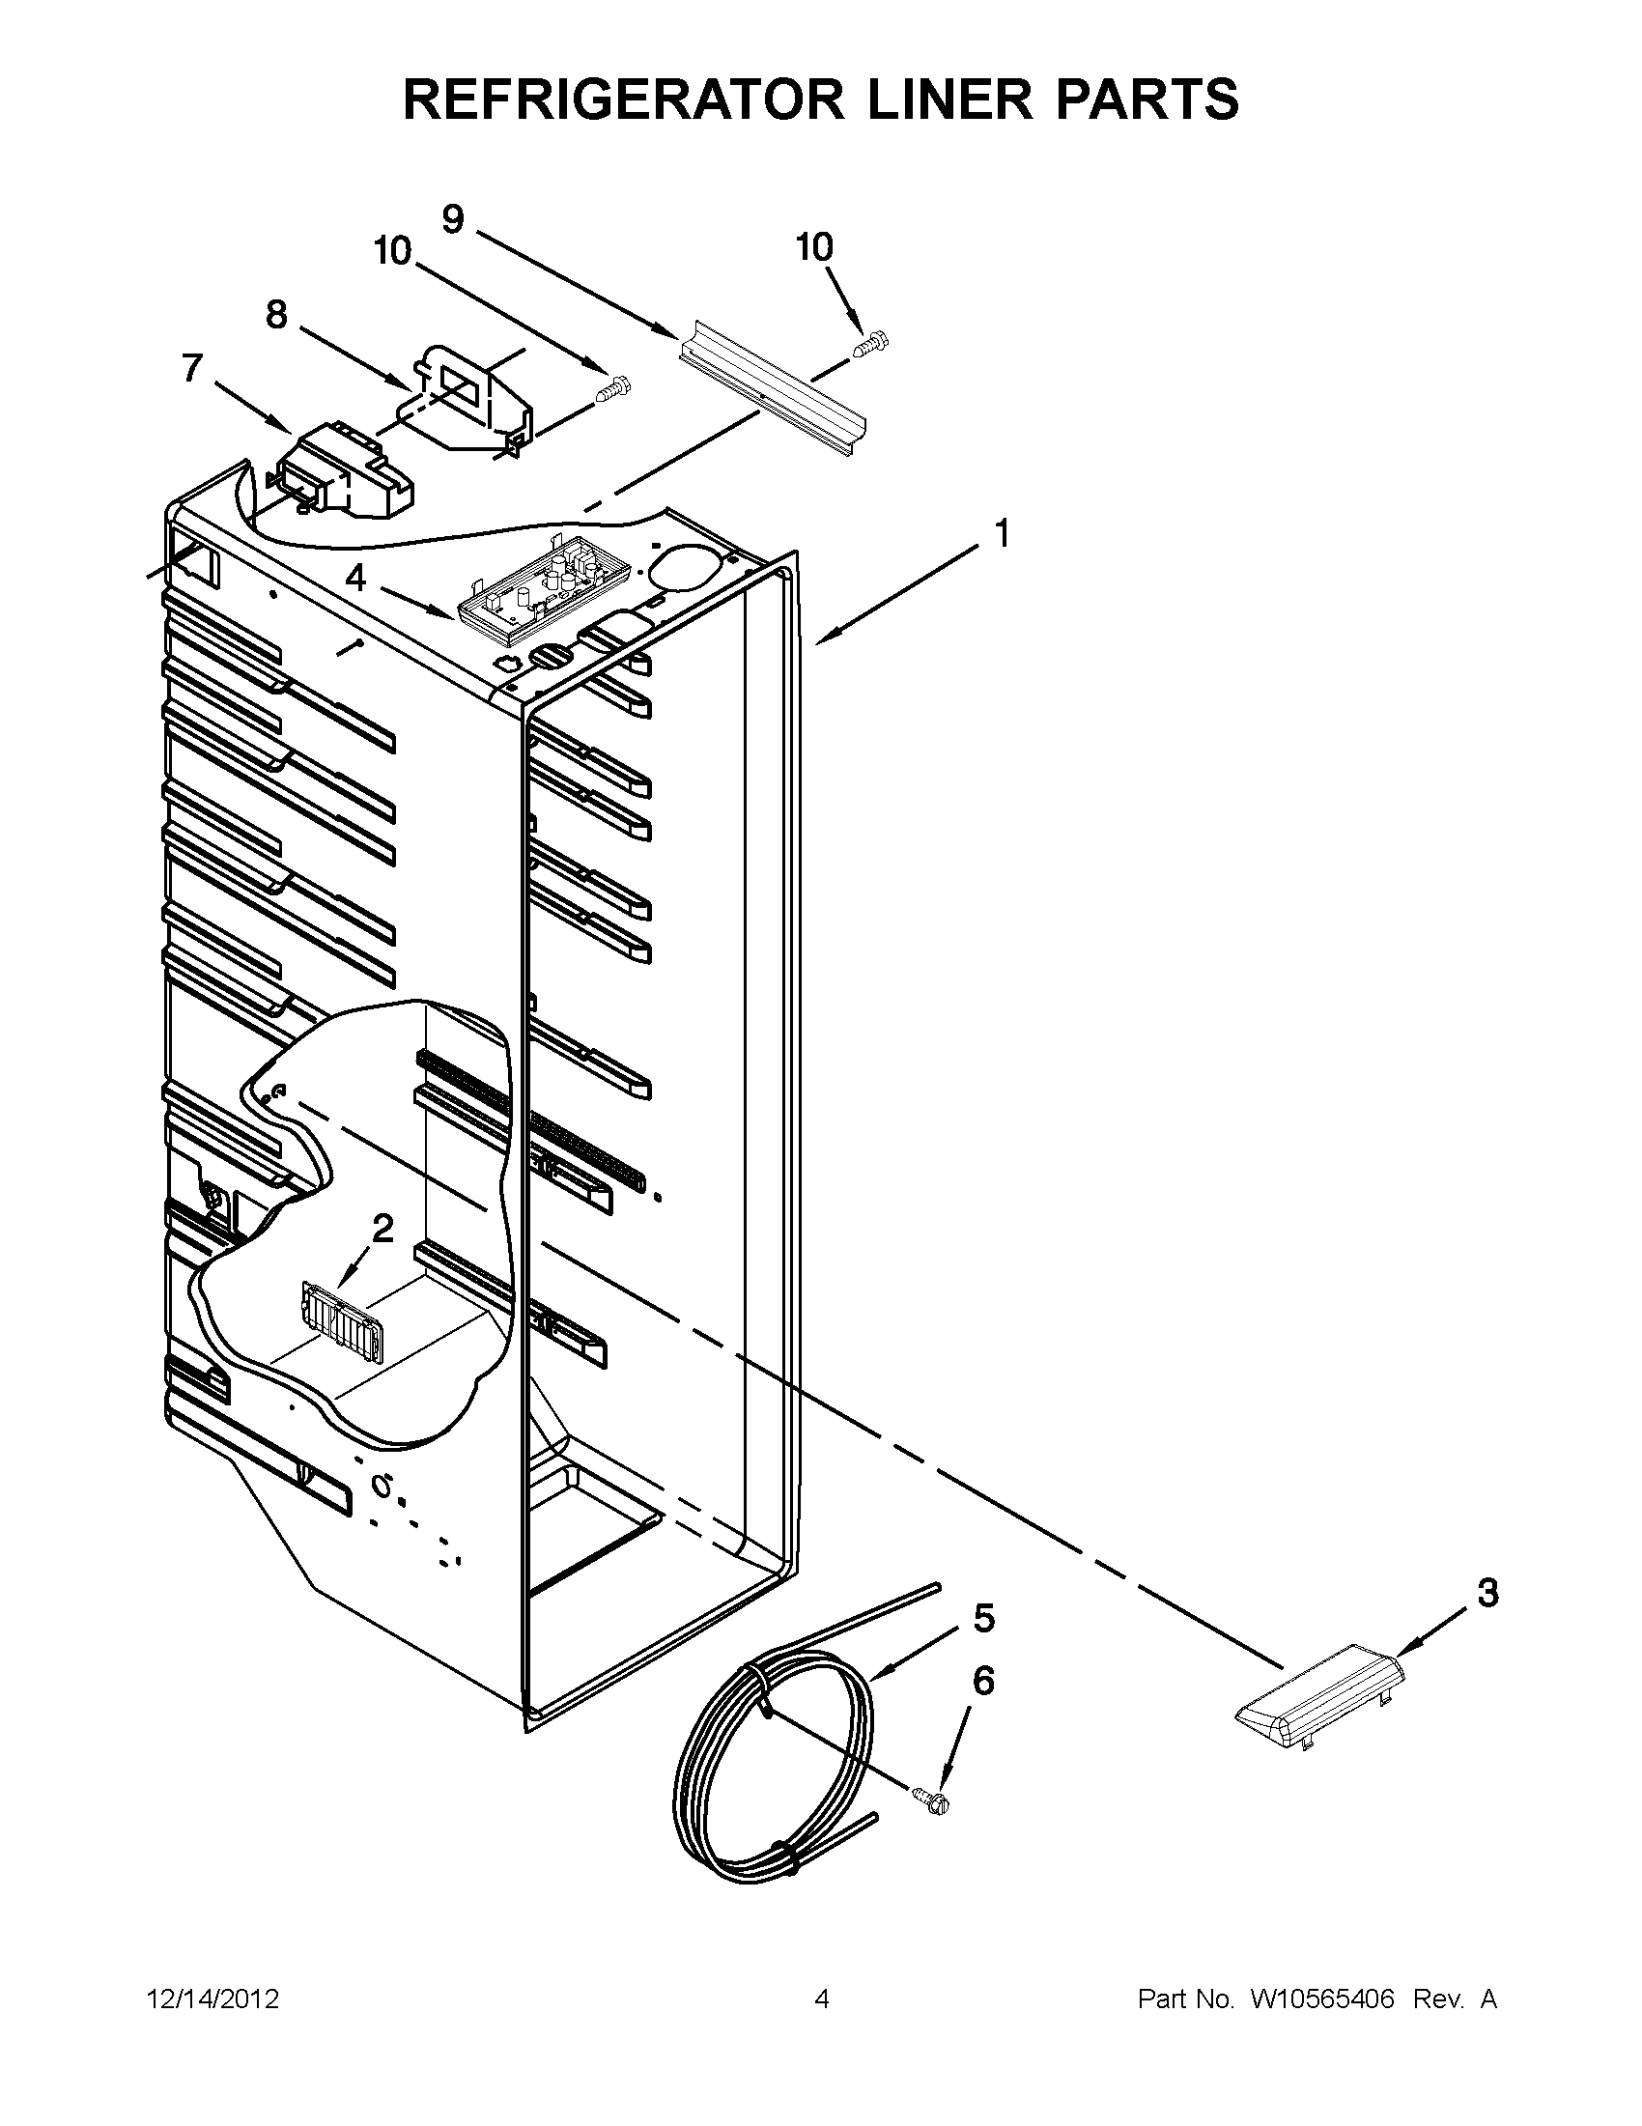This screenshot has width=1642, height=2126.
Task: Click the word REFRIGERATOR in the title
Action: tap(624, 99)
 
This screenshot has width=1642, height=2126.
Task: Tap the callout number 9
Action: tap(454, 219)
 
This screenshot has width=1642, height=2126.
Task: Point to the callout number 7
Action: tap(192, 368)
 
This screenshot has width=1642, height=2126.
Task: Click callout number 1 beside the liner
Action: tap(1001, 533)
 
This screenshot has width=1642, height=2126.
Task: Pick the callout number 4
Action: tap(356, 578)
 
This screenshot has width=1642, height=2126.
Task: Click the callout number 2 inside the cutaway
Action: tap(382, 1229)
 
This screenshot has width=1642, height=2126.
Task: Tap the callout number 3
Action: tap(1487, 1594)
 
